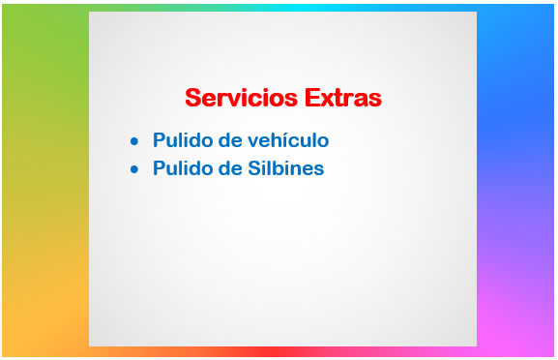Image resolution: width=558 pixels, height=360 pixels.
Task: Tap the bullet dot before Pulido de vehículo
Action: point(134,141)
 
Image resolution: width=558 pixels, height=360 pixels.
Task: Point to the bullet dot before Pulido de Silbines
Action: point(134,169)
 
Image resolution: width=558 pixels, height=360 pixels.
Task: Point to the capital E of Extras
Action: point(311,98)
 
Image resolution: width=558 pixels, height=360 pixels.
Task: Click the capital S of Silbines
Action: point(253,168)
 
